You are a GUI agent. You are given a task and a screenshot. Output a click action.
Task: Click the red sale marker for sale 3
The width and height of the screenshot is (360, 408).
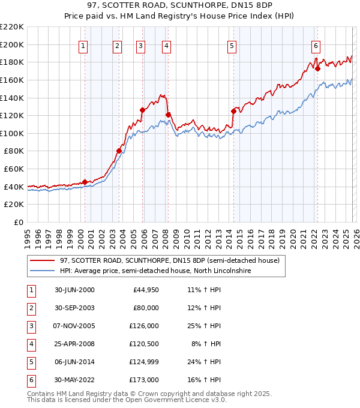click(x=143, y=110)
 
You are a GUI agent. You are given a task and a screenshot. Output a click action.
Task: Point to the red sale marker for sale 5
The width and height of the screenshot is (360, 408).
click(x=233, y=111)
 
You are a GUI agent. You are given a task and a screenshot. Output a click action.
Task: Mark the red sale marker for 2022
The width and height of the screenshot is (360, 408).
click(x=317, y=68)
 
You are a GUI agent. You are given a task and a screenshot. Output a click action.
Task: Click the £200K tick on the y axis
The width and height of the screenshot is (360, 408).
click(x=12, y=44)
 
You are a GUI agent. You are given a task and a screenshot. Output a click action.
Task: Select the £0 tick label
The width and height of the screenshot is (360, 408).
click(x=19, y=222)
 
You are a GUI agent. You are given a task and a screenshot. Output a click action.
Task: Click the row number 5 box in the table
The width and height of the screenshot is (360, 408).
click(x=29, y=362)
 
